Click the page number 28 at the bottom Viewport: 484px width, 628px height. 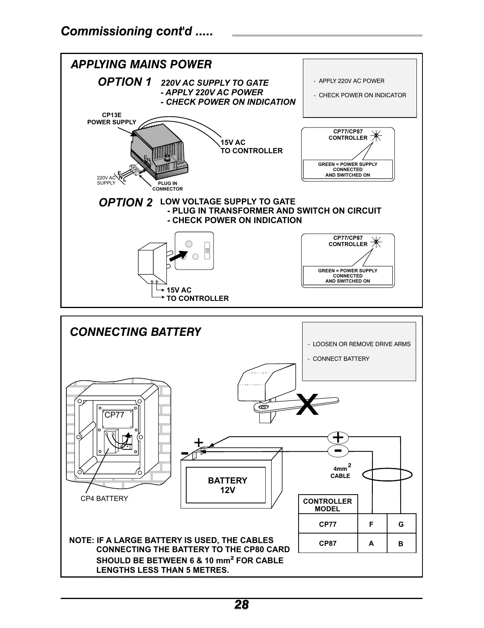pos(241,605)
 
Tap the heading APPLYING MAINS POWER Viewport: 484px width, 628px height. pos(141,64)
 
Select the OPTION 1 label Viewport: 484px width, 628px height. pos(124,82)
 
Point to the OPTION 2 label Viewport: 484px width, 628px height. pos(125,203)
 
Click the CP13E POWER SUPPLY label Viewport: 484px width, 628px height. pos(112,119)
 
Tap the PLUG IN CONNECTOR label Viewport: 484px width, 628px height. pos(168,186)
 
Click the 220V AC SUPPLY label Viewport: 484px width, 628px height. pos(106,180)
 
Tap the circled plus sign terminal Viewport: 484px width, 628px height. pos(338,437)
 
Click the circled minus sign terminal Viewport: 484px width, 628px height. pos(338,451)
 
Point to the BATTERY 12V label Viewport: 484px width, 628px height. pos(228,485)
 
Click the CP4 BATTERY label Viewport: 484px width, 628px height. pos(104,499)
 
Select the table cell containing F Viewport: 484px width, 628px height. pos(372,524)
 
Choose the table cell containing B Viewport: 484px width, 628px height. pos(401,544)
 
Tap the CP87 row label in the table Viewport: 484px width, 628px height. pos(328,543)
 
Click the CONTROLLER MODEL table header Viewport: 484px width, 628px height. pos(328,505)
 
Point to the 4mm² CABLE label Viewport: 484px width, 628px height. pos(340,472)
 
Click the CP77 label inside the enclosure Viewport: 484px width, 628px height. pos(114,415)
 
